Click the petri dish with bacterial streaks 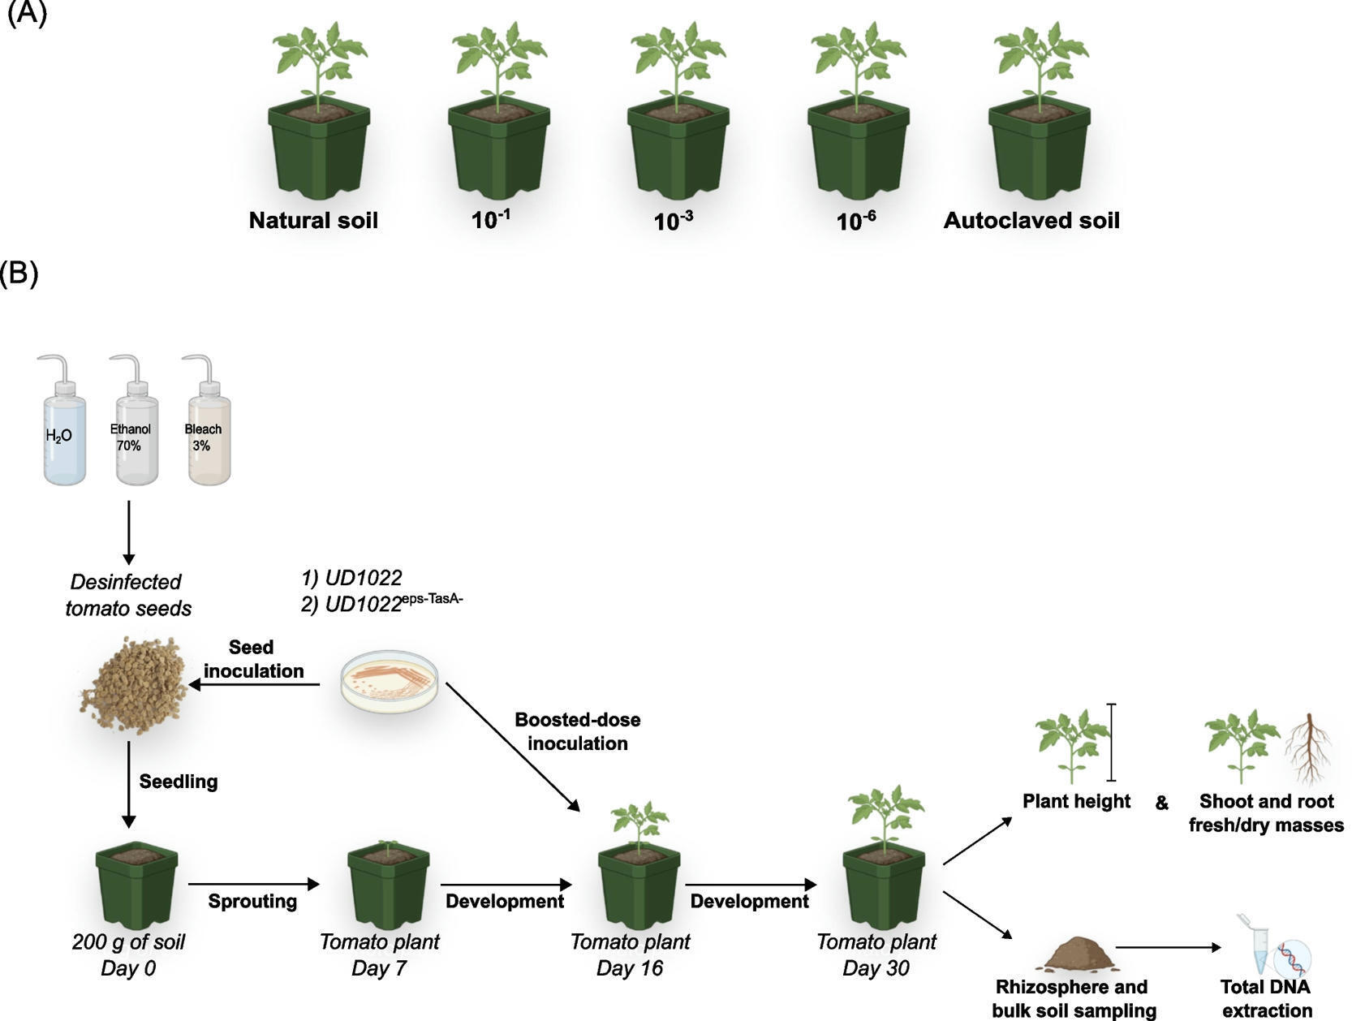point(390,680)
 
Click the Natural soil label point(313,221)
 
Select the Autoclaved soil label point(1031,221)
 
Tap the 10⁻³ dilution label point(673,221)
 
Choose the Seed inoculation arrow point(255,685)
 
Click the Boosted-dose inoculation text point(577,731)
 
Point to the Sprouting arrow point(253,884)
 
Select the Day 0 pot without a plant point(136,886)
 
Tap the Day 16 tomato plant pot point(638,881)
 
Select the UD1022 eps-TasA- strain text point(381,604)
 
